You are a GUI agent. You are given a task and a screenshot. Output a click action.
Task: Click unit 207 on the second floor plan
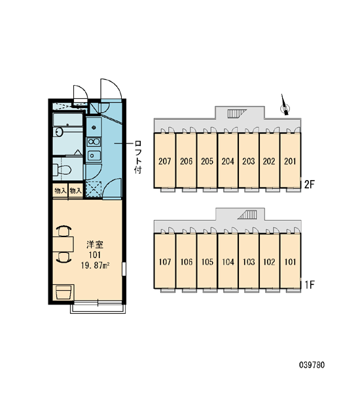click(x=164, y=160)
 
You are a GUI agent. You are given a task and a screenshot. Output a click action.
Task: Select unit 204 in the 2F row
click(x=228, y=160)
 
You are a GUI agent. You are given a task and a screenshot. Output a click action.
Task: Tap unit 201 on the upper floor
click(x=290, y=160)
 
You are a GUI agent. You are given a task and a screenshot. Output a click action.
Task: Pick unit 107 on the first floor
click(x=164, y=261)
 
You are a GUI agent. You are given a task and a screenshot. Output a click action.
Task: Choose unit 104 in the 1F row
click(x=228, y=261)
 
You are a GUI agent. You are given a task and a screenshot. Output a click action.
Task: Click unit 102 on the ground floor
click(x=269, y=261)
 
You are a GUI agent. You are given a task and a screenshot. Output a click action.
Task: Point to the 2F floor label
click(x=309, y=185)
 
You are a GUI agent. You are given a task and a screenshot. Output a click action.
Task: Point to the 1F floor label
click(x=309, y=285)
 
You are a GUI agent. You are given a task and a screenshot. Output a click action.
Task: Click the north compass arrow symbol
click(x=285, y=105)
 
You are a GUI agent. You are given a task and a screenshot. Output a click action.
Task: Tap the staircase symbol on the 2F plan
click(x=237, y=114)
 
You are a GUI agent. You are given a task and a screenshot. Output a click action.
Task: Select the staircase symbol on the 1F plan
click(x=247, y=215)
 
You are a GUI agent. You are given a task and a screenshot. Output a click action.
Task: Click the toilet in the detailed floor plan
click(x=62, y=170)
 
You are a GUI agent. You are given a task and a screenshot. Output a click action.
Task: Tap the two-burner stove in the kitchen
click(x=94, y=142)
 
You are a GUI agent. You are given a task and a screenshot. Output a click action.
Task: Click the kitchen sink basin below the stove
click(x=94, y=156)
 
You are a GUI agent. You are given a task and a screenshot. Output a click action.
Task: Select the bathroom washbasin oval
click(x=59, y=132)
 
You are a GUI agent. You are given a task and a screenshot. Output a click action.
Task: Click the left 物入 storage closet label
click(x=60, y=191)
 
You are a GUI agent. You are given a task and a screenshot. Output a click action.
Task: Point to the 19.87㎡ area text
click(x=96, y=265)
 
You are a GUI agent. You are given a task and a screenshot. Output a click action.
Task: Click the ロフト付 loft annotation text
click(x=138, y=157)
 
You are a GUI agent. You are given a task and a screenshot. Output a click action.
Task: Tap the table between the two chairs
click(x=63, y=244)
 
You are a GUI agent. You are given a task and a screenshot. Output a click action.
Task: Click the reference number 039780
click(x=312, y=365)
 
